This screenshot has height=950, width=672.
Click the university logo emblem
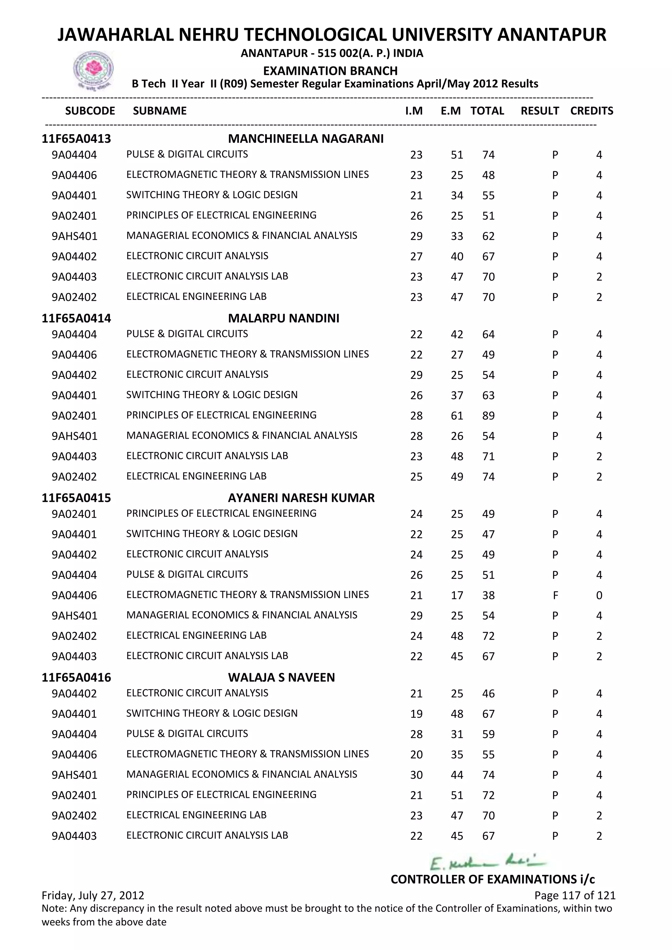pyautogui.click(x=93, y=70)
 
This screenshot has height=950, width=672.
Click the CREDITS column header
pyautogui.click(x=591, y=111)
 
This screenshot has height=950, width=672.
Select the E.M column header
pyautogui.click(x=450, y=111)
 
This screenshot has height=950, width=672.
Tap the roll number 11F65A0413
pyautogui.click(x=76, y=139)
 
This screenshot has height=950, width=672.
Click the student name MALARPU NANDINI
pyautogui.click(x=283, y=318)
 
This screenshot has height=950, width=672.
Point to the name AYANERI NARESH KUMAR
pyautogui.click(x=301, y=498)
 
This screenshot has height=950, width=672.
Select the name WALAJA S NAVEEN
pyautogui.click(x=282, y=677)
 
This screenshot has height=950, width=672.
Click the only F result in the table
pyautogui.click(x=555, y=595)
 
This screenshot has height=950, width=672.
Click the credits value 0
pyautogui.click(x=599, y=595)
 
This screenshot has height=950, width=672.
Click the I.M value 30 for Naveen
pyautogui.click(x=416, y=775)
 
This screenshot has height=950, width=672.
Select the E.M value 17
pyautogui.click(x=457, y=595)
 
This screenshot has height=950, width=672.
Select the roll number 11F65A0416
pyautogui.click(x=76, y=677)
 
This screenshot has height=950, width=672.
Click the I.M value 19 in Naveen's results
pyautogui.click(x=416, y=714)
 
